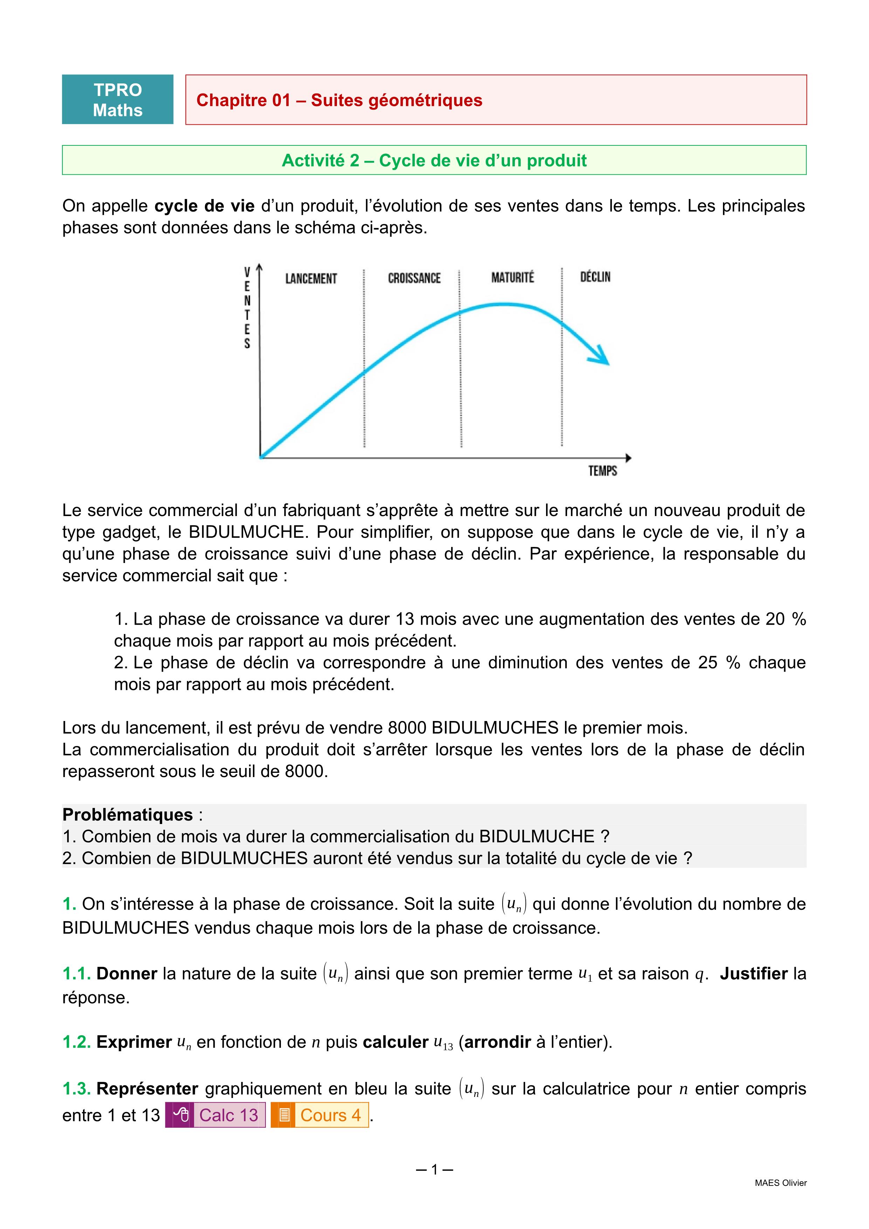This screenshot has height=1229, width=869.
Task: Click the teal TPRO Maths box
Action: click(118, 99)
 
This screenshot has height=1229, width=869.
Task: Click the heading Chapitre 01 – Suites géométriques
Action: click(339, 100)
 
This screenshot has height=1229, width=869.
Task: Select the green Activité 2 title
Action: click(434, 160)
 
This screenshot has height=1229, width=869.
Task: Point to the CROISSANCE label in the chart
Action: click(414, 278)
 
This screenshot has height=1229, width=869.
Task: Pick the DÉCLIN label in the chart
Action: click(595, 277)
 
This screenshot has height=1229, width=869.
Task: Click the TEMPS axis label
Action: click(602, 471)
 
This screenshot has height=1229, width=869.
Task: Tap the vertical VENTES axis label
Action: click(247, 308)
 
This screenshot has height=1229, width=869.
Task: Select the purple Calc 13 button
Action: click(216, 1115)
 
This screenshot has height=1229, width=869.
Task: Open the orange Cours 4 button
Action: click(320, 1115)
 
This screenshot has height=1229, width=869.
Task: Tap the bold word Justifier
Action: click(753, 973)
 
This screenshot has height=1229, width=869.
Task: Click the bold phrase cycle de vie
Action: click(205, 206)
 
